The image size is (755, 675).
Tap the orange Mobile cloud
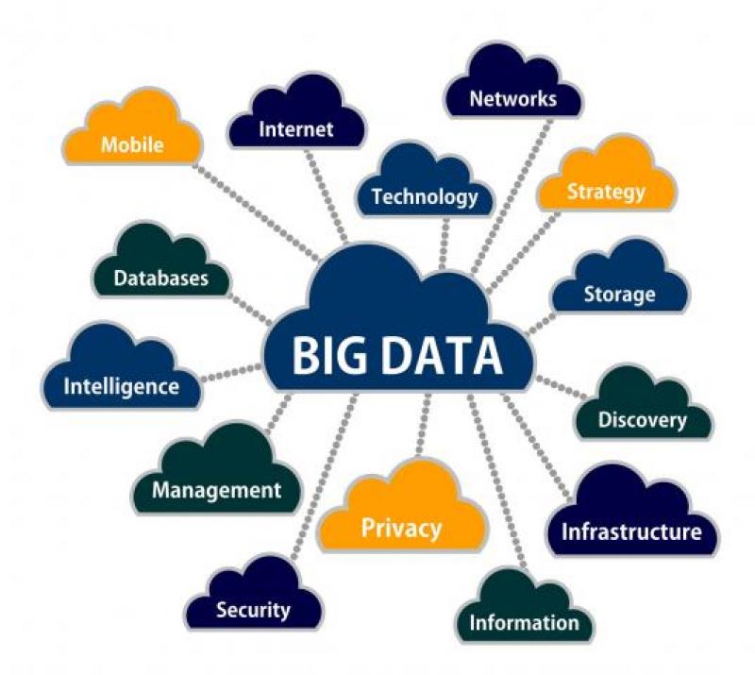pyautogui.click(x=133, y=141)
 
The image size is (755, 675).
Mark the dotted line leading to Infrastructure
pyautogui.click(x=538, y=444)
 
